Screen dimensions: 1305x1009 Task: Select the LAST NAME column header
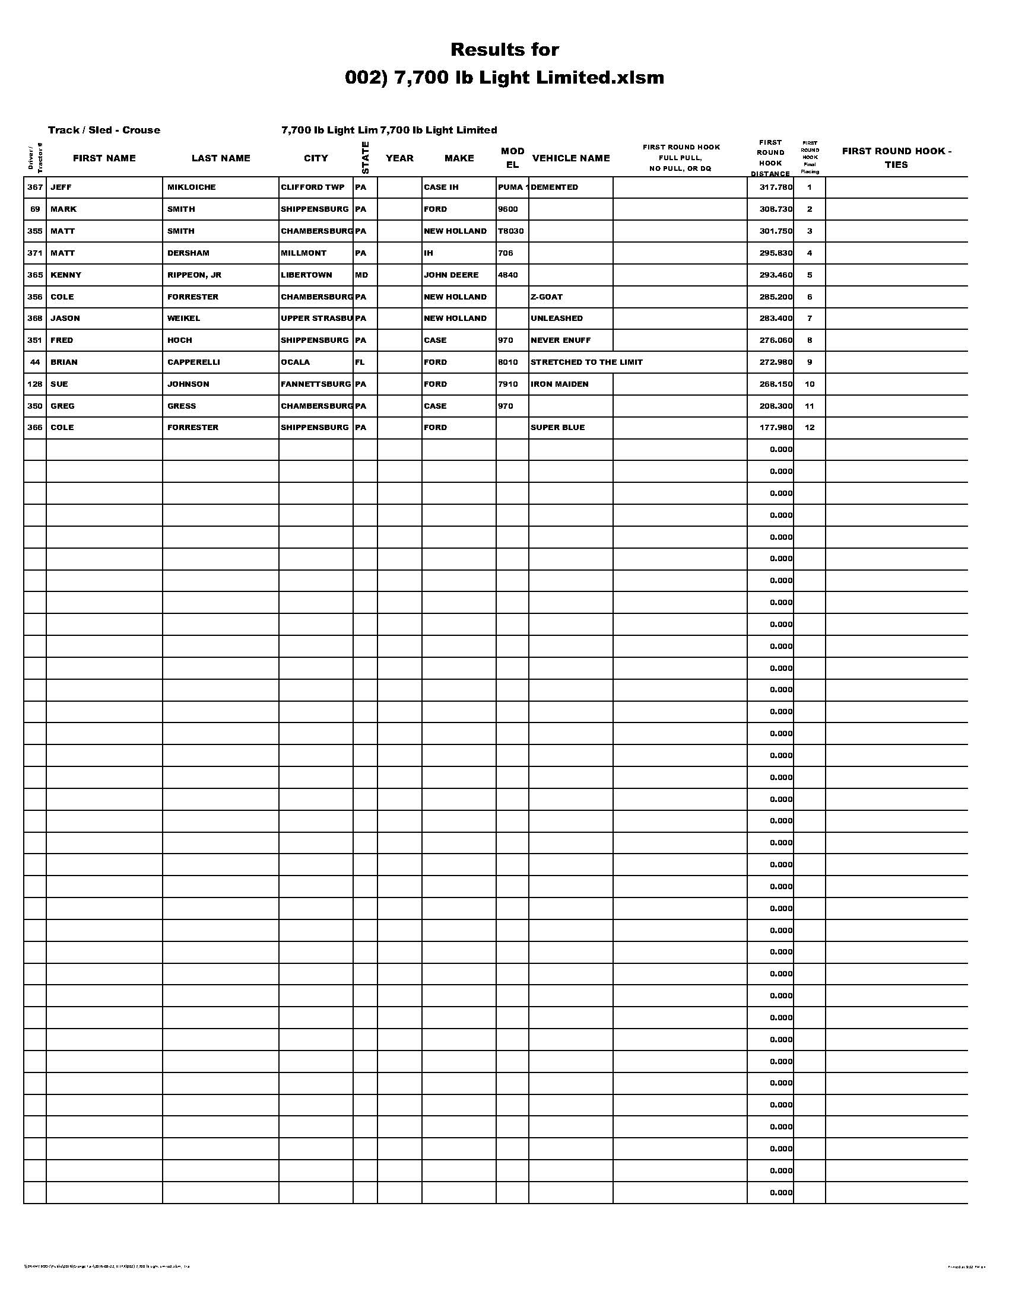coord(221,158)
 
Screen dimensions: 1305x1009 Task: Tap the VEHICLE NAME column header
coord(571,158)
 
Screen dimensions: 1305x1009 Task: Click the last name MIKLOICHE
coord(191,187)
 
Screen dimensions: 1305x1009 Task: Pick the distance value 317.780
coord(775,187)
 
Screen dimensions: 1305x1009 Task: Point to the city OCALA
coord(296,362)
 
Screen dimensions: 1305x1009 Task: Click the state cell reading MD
coord(361,275)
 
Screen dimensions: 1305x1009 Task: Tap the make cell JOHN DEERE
coord(450,275)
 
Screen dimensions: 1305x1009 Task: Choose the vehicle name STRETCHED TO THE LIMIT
coord(586,362)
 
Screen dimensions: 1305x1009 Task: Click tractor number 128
coord(34,384)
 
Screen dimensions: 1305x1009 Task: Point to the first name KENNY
coord(66,275)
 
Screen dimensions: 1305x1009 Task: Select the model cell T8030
coord(510,231)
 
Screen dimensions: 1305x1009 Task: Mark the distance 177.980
coord(775,428)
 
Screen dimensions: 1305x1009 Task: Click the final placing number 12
coord(810,428)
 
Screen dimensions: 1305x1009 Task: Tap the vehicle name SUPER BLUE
coord(558,428)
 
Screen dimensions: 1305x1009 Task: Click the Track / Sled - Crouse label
coord(104,130)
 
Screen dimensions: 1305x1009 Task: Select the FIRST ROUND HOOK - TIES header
coord(896,158)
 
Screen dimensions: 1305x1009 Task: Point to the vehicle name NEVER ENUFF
coord(561,340)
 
